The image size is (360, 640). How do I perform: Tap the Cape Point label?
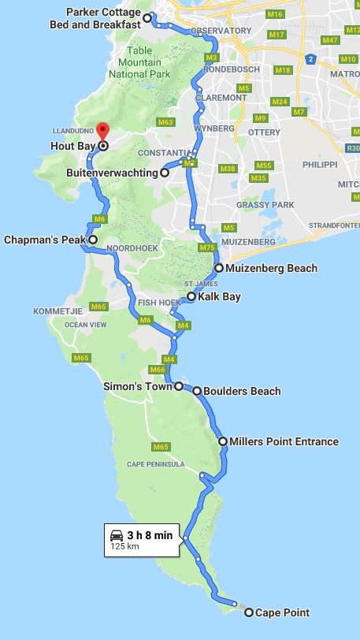[x=282, y=612]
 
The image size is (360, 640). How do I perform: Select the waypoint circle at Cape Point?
[x=249, y=612]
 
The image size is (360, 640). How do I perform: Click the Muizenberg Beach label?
[x=271, y=268]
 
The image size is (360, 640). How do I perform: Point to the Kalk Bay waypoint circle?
[x=191, y=297]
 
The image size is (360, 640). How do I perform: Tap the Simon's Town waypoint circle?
[x=180, y=386]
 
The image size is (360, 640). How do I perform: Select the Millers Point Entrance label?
[x=284, y=441]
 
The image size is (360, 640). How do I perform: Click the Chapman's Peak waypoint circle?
[x=93, y=239]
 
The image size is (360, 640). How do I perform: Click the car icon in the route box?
[x=117, y=534]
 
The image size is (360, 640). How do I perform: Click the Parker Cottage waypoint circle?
[x=147, y=17]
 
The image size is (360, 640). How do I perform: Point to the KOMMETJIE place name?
[x=58, y=311]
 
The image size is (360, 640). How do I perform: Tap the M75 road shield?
[x=206, y=248]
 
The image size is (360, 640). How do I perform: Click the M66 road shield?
[x=157, y=370]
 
